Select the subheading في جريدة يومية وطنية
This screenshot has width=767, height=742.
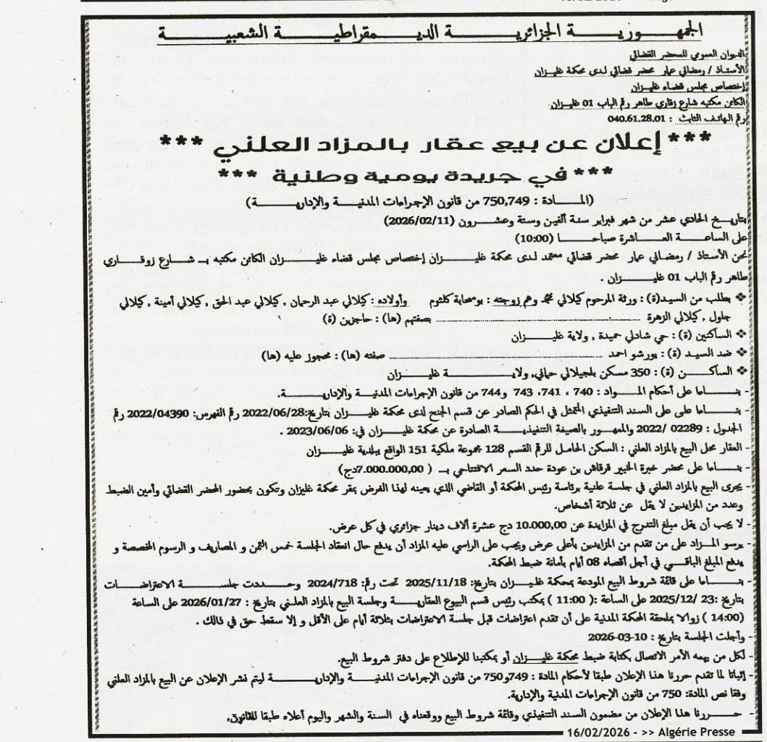405,175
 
